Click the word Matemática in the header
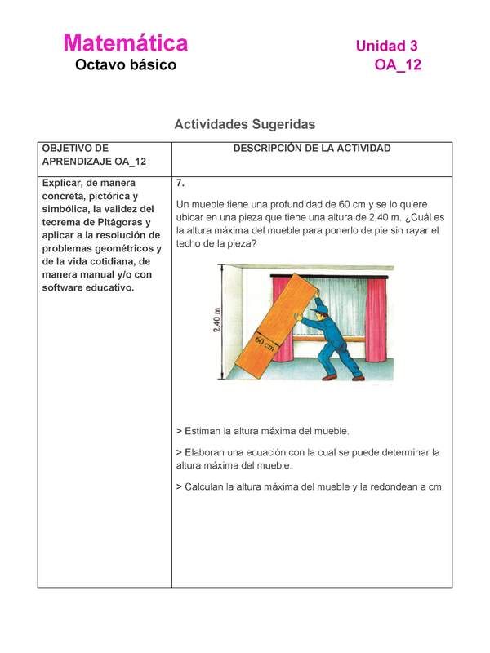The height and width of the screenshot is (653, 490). click(125, 43)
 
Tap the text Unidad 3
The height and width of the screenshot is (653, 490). click(386, 47)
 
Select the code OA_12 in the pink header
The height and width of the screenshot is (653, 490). click(398, 66)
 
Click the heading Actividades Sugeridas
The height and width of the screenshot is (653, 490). click(244, 125)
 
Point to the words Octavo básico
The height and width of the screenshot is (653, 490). click(125, 65)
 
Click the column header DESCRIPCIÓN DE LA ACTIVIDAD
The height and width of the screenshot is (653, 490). click(312, 149)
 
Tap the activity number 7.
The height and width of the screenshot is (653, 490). click(180, 184)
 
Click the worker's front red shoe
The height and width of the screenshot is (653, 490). click(330, 377)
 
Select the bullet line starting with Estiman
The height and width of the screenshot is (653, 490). click(262, 430)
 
